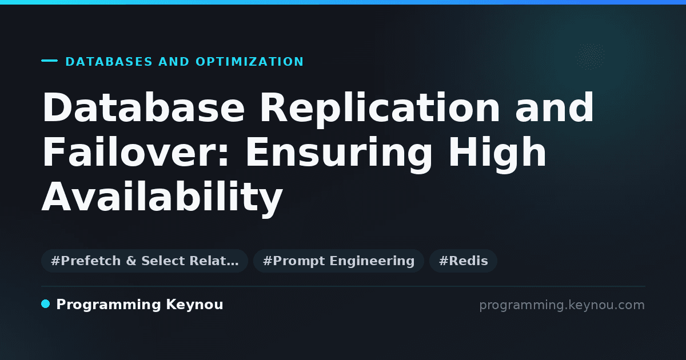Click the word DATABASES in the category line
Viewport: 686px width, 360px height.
click(x=109, y=62)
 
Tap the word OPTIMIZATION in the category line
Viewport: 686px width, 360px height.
click(x=250, y=62)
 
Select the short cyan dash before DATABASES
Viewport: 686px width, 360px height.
click(x=49, y=61)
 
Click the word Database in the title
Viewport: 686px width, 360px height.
click(x=143, y=107)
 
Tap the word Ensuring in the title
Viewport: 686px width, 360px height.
click(x=338, y=154)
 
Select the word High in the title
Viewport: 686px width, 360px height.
click(x=497, y=154)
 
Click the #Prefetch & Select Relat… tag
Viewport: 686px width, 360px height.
click(x=145, y=261)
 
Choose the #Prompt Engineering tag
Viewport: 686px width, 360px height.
click(x=338, y=261)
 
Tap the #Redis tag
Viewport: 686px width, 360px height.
click(x=463, y=261)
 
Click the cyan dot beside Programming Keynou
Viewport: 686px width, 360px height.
click(x=45, y=304)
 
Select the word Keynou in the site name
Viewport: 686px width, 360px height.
click(x=194, y=305)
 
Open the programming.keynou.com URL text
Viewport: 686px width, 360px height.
click(x=562, y=306)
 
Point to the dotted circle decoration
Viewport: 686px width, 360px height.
click(x=590, y=57)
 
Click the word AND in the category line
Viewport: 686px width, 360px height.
click(x=174, y=62)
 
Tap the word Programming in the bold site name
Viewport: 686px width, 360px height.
click(x=109, y=305)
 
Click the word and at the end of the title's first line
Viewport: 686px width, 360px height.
click(x=555, y=107)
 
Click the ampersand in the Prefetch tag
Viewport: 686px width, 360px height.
click(x=131, y=261)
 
